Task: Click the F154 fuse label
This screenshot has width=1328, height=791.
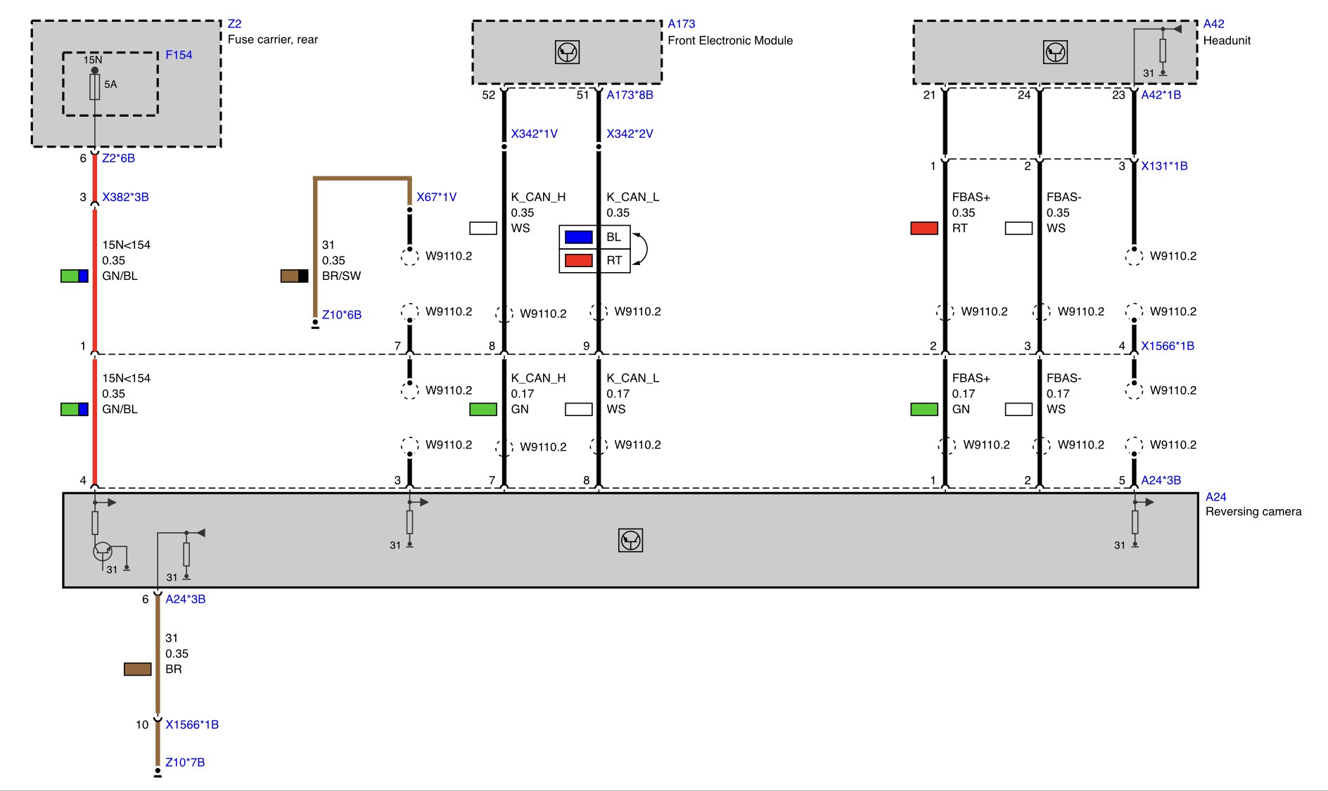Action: (x=179, y=55)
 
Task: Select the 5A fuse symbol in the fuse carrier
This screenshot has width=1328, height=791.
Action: (x=95, y=87)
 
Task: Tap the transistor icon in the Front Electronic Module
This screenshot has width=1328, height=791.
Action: (x=567, y=52)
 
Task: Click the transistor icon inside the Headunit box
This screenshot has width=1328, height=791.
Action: (x=1055, y=52)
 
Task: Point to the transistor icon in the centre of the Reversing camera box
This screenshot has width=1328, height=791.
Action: (x=630, y=540)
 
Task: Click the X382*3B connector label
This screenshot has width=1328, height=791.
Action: (x=125, y=197)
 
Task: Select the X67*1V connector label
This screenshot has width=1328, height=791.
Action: (x=436, y=197)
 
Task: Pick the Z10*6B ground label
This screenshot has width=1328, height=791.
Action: (x=341, y=314)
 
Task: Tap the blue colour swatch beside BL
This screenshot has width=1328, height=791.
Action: (x=578, y=237)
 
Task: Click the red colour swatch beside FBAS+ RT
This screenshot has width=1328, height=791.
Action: (x=924, y=228)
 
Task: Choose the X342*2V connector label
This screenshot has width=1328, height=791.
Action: (x=630, y=134)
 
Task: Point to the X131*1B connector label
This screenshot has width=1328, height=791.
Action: (x=1164, y=166)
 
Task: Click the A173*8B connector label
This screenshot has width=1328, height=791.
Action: (x=630, y=95)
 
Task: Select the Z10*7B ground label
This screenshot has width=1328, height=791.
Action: (x=185, y=762)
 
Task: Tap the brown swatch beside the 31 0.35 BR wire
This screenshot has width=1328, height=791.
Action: (x=137, y=669)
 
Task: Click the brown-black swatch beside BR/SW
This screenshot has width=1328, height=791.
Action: (x=294, y=276)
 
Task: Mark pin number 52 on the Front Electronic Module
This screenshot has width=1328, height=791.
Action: (x=488, y=95)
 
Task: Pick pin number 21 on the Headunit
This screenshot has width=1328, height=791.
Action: (x=929, y=95)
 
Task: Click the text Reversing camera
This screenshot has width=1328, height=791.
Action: (x=1253, y=512)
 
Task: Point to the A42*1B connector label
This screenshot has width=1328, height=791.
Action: (x=1161, y=95)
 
